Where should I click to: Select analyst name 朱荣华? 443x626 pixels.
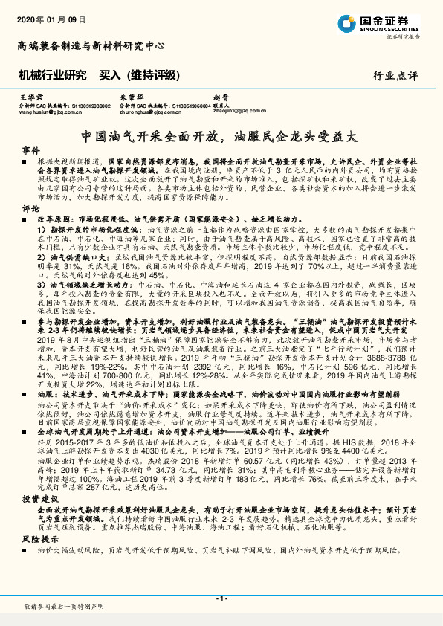[x=130, y=98]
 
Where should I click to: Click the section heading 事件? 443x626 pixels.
[x=30, y=150]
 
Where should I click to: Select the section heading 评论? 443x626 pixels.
[x=30, y=209]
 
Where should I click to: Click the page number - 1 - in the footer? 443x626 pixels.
[x=221, y=598]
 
